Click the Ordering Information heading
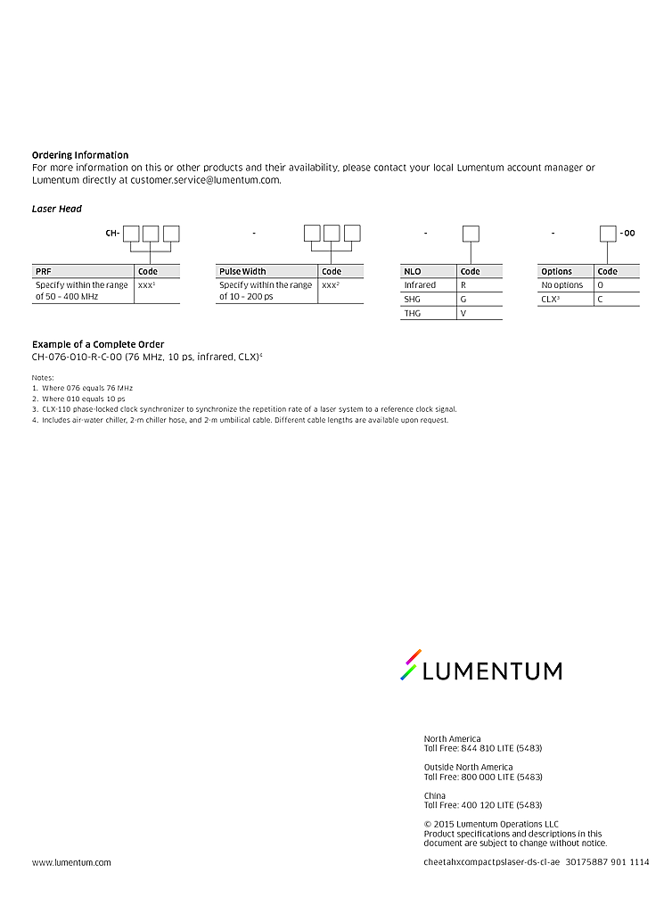coord(80,155)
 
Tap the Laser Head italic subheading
coord(57,209)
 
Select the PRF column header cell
coord(83,271)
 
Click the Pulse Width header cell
coord(266,271)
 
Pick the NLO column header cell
coord(429,271)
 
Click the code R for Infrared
coord(463,285)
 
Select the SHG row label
coord(413,300)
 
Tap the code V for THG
coord(463,314)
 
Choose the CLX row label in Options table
coord(551,300)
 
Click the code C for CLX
coord(601,300)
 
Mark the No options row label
coord(562,285)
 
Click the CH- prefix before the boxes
coord(112,234)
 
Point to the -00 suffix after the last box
coord(627,234)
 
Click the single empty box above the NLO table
coord(471,234)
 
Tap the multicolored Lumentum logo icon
coord(410,665)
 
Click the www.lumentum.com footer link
coord(71,862)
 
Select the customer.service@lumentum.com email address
coord(205,179)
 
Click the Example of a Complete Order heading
coord(98,344)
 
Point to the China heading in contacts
coord(435,795)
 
